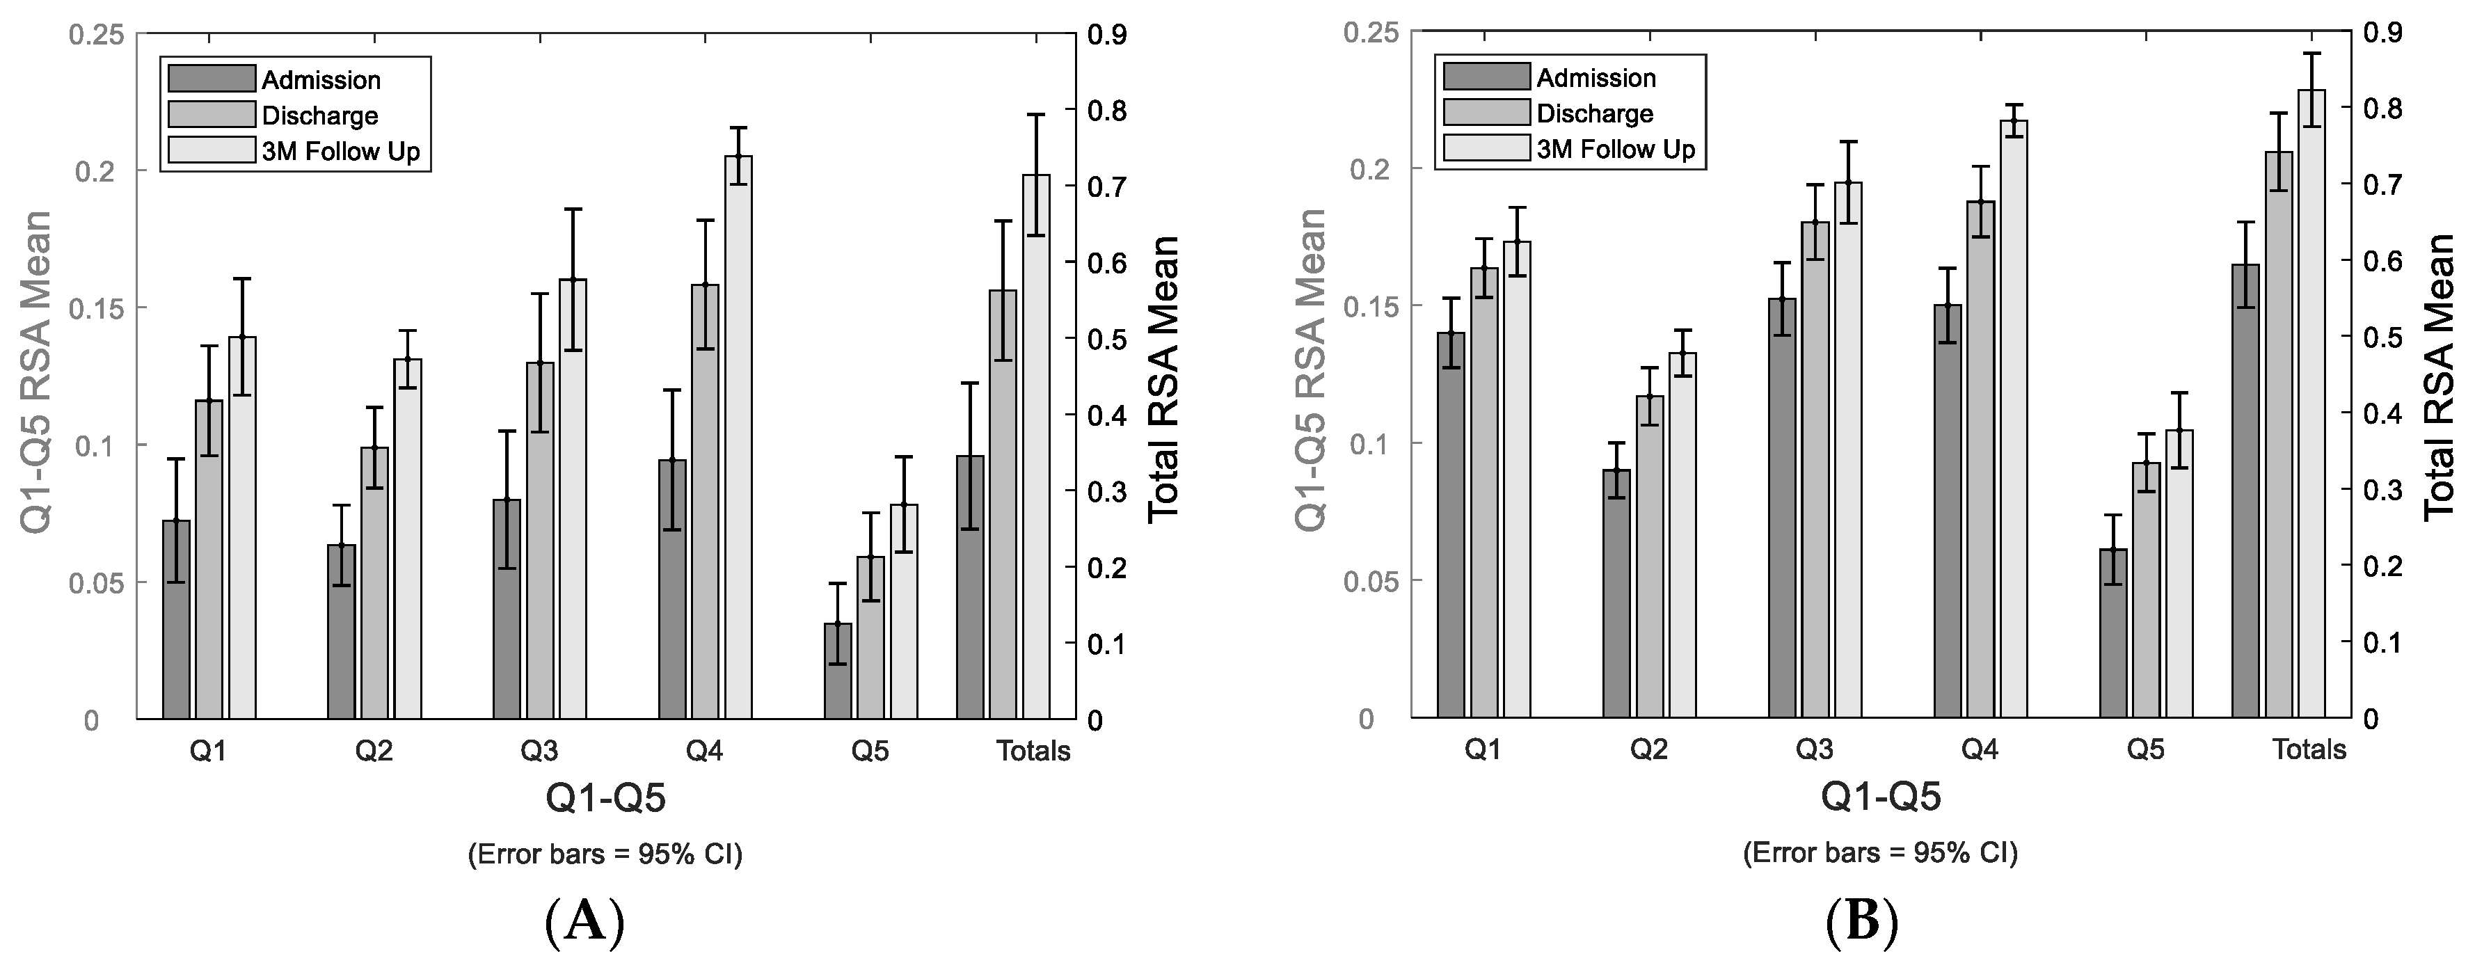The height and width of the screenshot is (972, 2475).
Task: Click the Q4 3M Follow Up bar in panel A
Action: pyautogui.click(x=738, y=437)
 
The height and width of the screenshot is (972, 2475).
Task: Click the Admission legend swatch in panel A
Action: pyautogui.click(x=212, y=79)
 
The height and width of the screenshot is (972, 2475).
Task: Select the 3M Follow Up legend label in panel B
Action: pyautogui.click(x=1616, y=149)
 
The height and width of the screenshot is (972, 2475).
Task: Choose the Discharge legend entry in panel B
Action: pyautogui.click(x=1595, y=113)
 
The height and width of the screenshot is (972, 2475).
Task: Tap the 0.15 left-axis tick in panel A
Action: pyautogui.click(x=96, y=308)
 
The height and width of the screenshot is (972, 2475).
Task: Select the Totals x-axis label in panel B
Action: pyautogui.click(x=2309, y=749)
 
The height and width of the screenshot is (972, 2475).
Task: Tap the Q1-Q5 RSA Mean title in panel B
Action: pyautogui.click(x=1310, y=369)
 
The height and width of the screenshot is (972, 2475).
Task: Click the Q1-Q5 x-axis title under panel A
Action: pyautogui.click(x=605, y=798)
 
